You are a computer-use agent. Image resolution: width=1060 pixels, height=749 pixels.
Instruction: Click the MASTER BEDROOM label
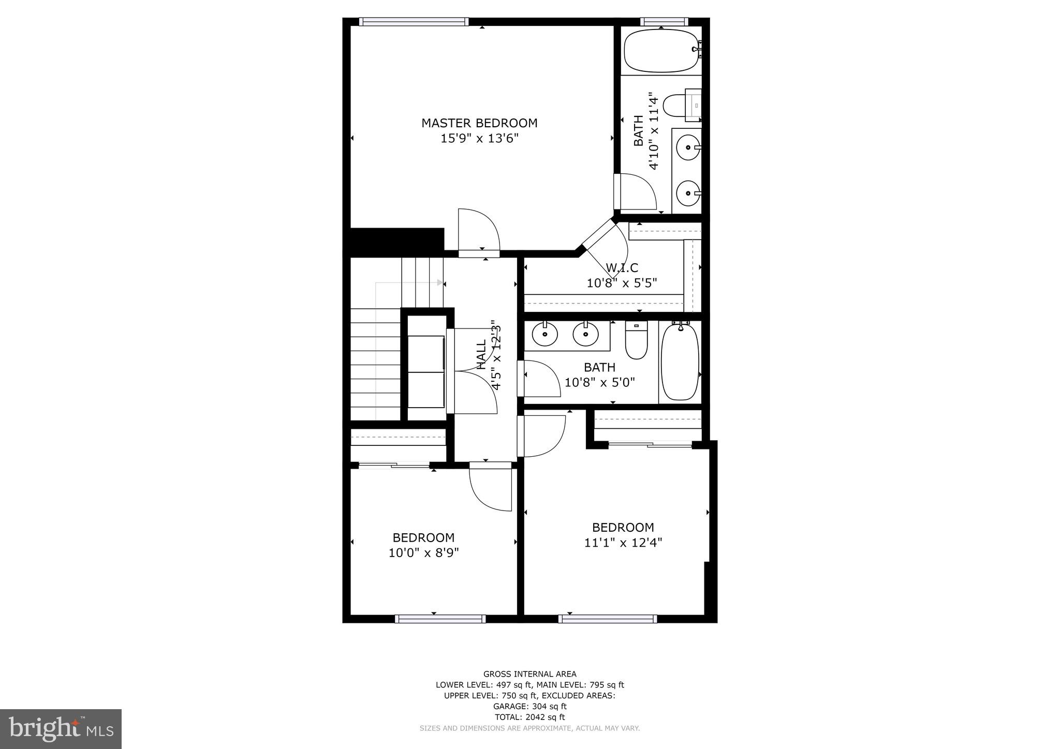coord(479,123)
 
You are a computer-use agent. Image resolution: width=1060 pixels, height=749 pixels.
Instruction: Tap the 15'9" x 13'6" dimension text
coord(479,139)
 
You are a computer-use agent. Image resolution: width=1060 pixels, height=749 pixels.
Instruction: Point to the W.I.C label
coord(622,268)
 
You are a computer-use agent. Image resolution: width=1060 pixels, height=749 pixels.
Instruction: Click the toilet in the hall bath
coord(636,340)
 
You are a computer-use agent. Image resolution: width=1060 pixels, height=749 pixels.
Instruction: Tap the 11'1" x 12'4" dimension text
coord(623,543)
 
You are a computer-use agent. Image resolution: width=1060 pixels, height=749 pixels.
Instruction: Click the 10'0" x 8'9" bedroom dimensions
coord(424,553)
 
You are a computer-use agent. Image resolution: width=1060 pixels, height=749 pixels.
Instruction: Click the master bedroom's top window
coord(414,22)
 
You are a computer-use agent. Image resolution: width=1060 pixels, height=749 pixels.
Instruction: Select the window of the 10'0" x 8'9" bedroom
coord(440,619)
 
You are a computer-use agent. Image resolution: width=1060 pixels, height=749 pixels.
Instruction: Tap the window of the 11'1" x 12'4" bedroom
coord(608,619)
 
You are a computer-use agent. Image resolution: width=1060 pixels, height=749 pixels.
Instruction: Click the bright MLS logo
coord(61,729)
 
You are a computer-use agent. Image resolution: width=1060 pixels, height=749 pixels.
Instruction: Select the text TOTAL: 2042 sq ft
coord(529,717)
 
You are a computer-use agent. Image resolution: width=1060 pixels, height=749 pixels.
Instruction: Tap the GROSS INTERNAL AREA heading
coord(529,674)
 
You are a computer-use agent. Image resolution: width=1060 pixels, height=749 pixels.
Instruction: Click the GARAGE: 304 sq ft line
coord(529,706)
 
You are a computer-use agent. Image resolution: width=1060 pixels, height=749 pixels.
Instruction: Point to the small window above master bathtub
coord(664,22)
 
